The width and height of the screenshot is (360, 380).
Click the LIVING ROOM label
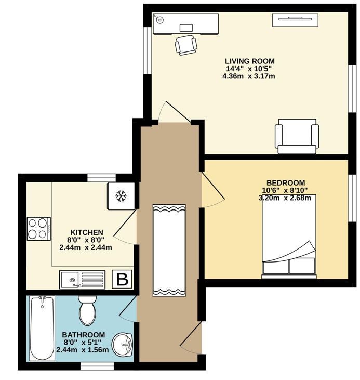[250, 61]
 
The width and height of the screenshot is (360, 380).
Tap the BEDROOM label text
[286, 182]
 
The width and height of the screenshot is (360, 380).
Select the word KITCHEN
[86, 232]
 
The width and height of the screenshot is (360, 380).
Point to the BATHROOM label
[84, 335]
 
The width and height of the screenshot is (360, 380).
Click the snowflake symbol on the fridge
[121, 196]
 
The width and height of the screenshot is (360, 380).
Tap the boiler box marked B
[122, 280]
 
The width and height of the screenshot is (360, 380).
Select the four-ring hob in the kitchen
[39, 229]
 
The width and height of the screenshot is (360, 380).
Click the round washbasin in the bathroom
[123, 344]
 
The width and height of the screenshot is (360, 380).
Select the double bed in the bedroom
[289, 237]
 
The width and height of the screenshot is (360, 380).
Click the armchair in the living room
[297, 136]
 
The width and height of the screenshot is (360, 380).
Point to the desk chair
[186, 45]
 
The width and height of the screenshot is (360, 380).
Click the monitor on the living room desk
[186, 28]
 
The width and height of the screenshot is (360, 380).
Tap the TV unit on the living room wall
[295, 20]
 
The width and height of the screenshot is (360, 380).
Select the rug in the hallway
[169, 251]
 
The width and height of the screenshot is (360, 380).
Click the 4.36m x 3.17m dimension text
[248, 76]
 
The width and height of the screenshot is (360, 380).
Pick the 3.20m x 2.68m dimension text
[285, 198]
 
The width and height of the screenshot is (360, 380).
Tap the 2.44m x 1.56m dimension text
[83, 350]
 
